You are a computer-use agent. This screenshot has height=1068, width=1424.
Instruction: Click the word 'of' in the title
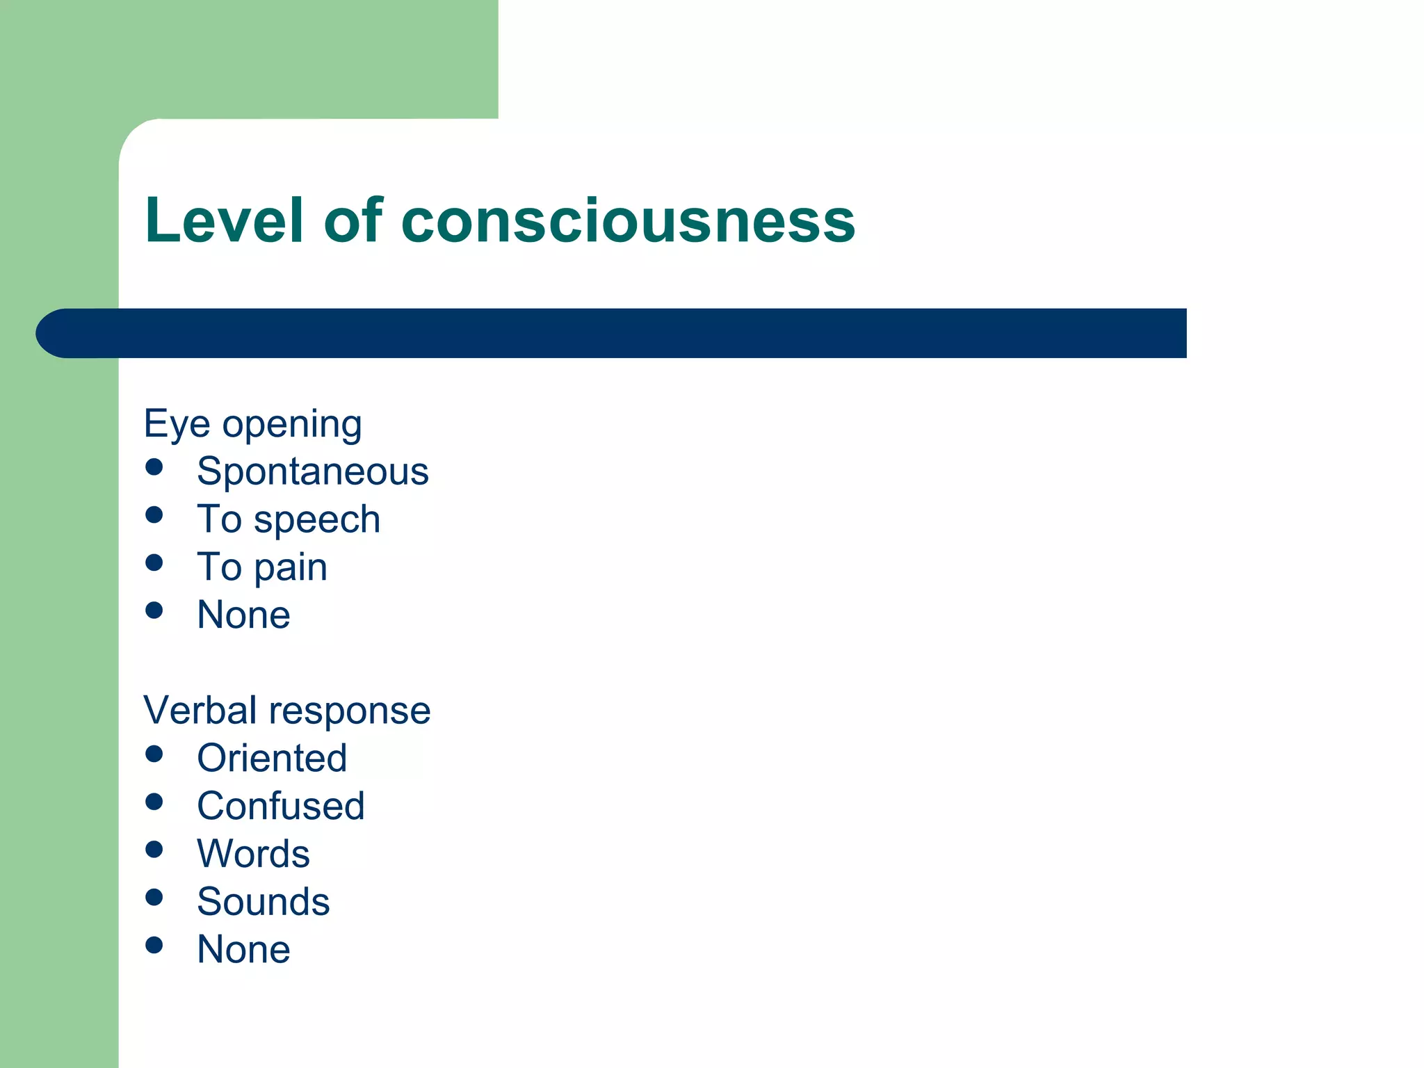[353, 220]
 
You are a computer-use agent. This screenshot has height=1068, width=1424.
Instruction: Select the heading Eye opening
[252, 423]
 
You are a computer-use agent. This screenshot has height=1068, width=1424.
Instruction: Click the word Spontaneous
[312, 471]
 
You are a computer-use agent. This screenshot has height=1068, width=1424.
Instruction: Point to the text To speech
[289, 519]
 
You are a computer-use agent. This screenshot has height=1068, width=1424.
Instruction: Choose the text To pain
[262, 567]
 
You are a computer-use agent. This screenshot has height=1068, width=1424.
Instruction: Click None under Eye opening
[243, 615]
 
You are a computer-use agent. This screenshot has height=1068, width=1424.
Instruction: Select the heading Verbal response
[286, 710]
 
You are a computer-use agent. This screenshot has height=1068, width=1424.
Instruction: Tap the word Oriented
[272, 758]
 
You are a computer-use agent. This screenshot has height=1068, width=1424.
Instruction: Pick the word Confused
[280, 806]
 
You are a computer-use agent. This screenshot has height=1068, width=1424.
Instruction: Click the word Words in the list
[253, 853]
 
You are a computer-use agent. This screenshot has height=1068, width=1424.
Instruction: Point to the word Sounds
[263, 901]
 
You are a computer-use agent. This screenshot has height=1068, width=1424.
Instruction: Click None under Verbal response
[243, 949]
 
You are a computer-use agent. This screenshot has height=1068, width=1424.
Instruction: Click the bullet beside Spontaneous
[154, 467]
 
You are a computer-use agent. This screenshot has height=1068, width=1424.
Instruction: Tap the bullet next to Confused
[154, 802]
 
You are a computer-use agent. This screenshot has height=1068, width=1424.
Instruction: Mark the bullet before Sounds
[154, 897]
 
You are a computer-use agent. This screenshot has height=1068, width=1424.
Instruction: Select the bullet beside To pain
[154, 562]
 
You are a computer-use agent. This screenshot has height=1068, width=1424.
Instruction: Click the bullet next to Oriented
[154, 754]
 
